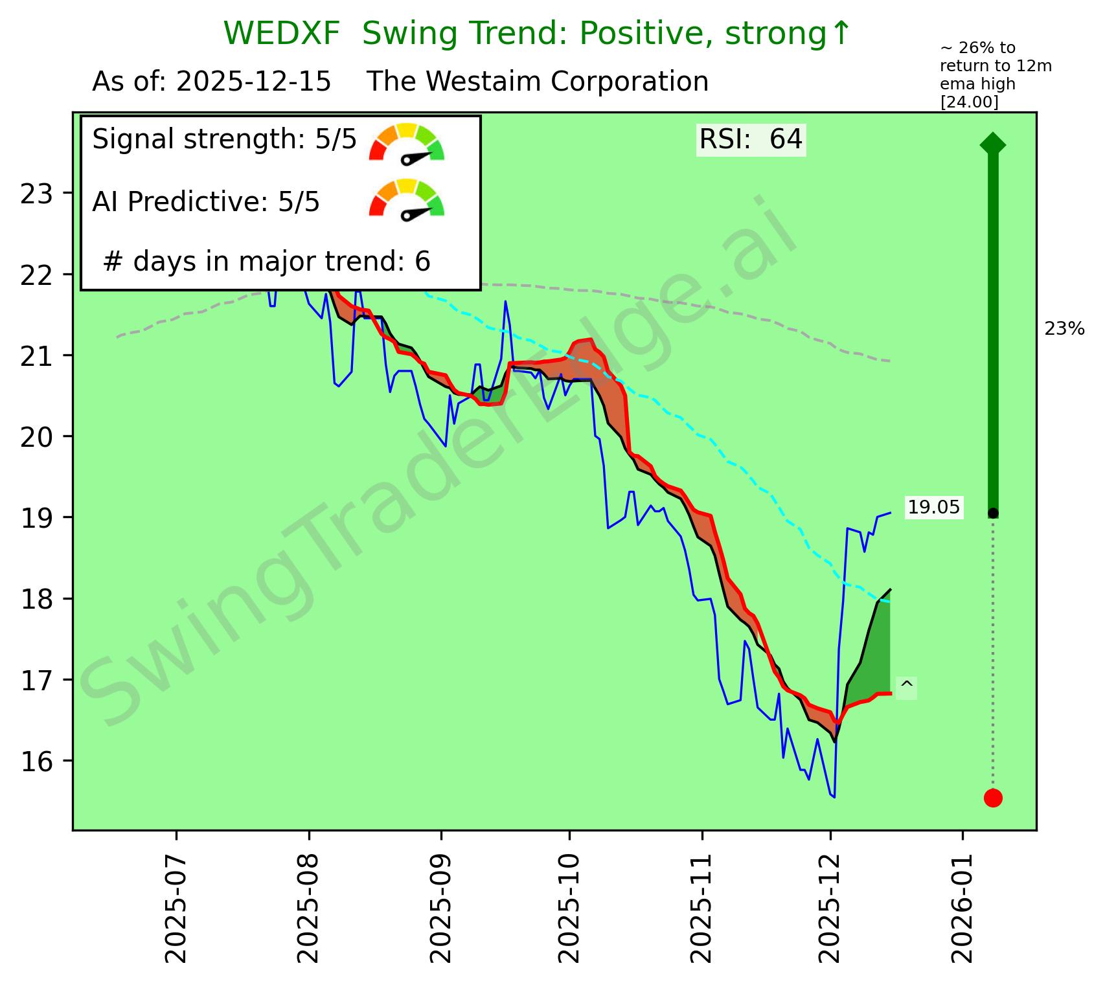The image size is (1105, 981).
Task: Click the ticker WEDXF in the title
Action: (281, 34)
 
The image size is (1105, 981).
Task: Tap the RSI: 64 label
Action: (751, 140)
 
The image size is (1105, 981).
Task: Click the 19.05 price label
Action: (933, 508)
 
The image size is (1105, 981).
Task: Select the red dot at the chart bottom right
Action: (993, 798)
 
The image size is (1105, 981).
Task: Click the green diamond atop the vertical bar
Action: (993, 144)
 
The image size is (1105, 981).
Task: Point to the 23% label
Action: (1064, 329)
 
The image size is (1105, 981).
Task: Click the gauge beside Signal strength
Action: (407, 142)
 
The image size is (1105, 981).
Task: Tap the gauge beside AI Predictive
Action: (407, 199)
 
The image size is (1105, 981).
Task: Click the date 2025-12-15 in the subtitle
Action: (253, 82)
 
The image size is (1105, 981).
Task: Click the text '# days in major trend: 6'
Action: (267, 262)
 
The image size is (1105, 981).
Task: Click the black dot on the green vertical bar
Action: (993, 513)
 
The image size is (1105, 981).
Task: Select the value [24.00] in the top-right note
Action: (969, 102)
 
